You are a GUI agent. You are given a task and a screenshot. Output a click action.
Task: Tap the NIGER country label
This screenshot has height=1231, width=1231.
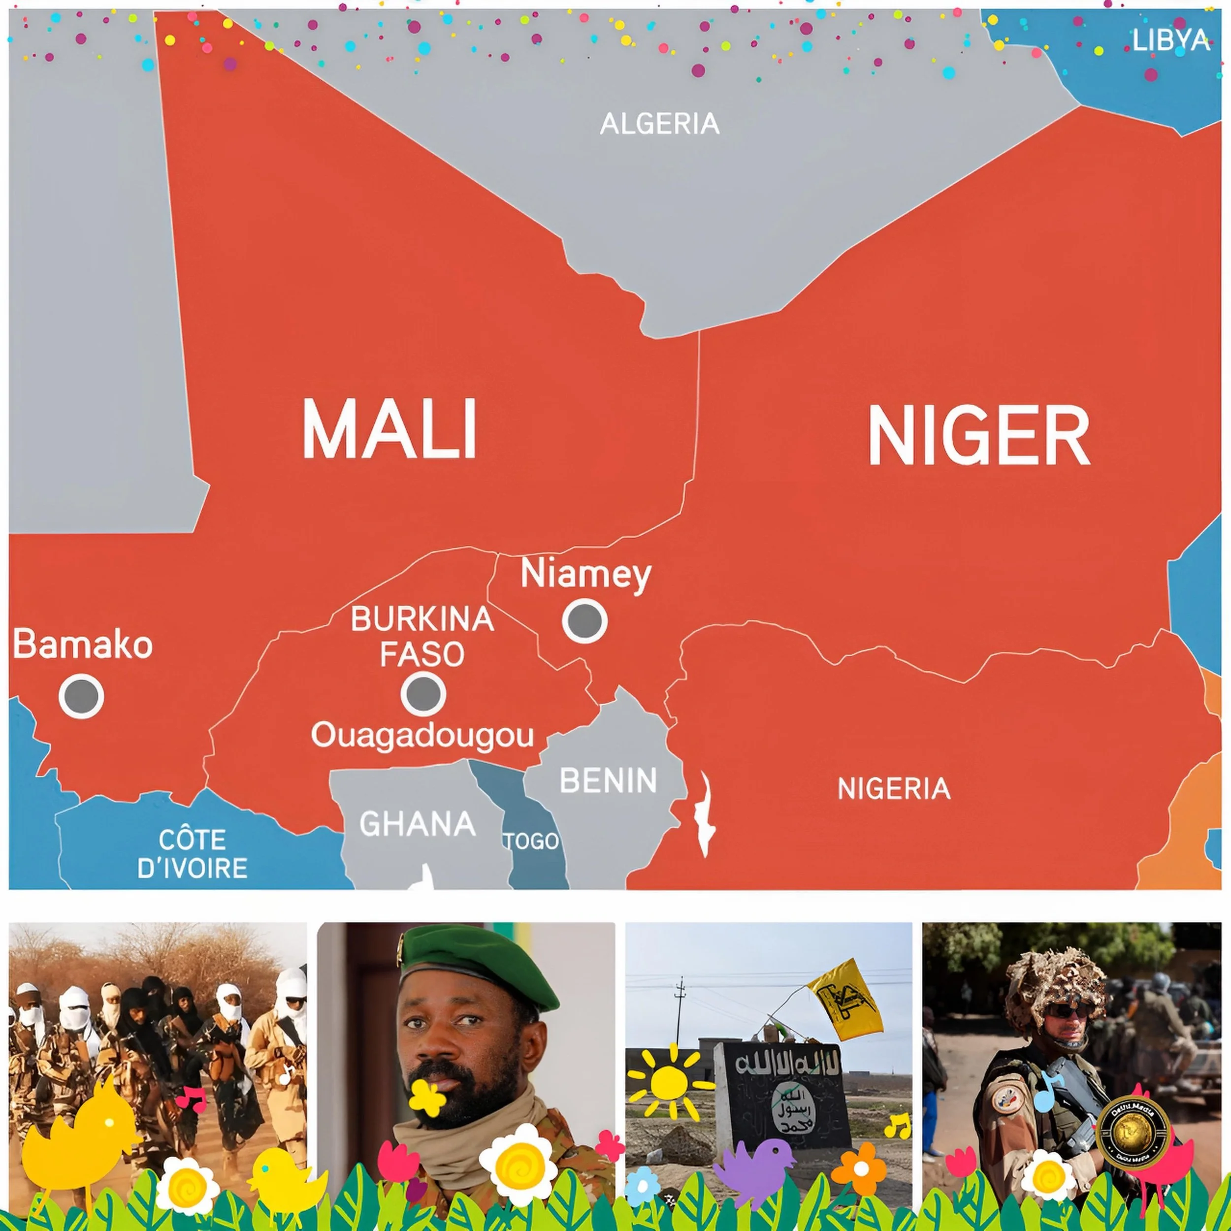[979, 436]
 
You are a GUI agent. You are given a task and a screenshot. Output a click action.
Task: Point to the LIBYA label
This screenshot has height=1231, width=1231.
[1170, 40]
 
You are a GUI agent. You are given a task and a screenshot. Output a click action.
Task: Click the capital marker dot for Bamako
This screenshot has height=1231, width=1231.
[82, 696]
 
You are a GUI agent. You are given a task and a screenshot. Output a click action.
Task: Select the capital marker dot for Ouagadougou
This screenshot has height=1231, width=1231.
[423, 693]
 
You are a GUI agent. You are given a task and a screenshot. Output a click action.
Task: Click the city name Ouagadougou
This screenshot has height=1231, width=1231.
[422, 737]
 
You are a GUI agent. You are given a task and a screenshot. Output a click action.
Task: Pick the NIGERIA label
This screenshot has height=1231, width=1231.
[894, 789]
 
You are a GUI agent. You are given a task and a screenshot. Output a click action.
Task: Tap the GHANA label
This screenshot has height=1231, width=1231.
[418, 824]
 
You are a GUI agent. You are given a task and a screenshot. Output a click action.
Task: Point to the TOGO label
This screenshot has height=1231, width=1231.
[531, 842]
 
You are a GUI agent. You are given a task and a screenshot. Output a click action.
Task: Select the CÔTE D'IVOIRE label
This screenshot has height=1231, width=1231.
[193, 854]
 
